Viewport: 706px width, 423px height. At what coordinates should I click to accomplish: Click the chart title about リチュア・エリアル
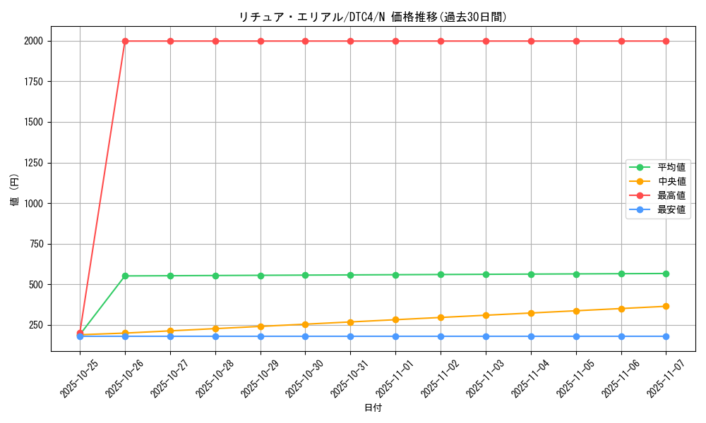pyautogui.click(x=372, y=18)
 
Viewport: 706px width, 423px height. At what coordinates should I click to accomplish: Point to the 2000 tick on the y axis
pyautogui.click(x=33, y=41)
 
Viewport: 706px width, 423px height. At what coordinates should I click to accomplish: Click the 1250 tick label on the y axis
pyautogui.click(x=33, y=163)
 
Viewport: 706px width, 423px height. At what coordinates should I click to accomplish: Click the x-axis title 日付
pyautogui.click(x=373, y=408)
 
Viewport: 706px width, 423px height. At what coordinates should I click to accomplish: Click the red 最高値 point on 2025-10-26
pyautogui.click(x=125, y=41)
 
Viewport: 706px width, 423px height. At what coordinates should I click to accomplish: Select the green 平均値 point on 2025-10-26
pyautogui.click(x=125, y=276)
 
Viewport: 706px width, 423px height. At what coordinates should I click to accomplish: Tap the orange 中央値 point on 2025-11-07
pyautogui.click(x=666, y=306)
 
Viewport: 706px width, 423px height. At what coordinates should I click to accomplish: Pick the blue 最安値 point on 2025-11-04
pyautogui.click(x=531, y=336)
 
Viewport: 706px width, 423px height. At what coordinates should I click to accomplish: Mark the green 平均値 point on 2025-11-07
pyautogui.click(x=666, y=274)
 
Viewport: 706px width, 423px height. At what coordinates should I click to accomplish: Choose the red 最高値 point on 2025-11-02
pyautogui.click(x=441, y=41)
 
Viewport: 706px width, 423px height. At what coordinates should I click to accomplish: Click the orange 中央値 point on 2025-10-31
pyautogui.click(x=350, y=322)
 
